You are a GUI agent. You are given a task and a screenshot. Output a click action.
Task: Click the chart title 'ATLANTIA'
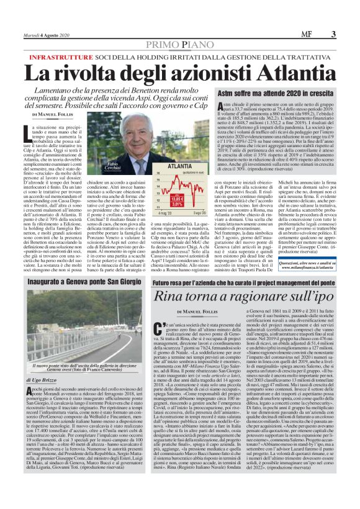pos(163,167)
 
